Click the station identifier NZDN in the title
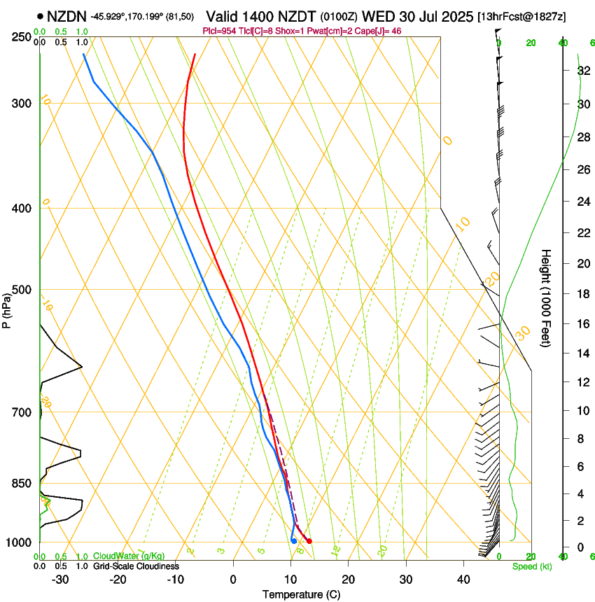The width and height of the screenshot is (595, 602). [66, 15]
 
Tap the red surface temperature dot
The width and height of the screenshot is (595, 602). [309, 540]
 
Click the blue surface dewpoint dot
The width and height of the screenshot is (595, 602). [294, 540]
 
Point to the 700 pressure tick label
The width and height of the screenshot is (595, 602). [22, 412]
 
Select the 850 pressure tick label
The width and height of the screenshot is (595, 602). [22, 484]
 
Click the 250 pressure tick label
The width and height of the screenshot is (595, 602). [22, 37]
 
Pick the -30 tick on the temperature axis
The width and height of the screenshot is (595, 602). [60, 580]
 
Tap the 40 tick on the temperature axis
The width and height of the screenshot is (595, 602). [463, 580]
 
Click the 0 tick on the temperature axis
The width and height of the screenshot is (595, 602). [233, 580]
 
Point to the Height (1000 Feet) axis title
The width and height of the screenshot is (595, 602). [546, 298]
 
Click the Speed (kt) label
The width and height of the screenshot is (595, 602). [531, 566]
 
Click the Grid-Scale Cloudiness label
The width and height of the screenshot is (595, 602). [136, 566]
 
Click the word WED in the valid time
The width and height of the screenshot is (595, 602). [378, 15]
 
